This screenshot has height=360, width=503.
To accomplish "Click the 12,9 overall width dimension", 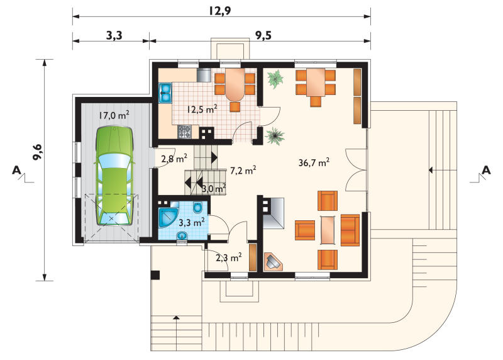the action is tap(219, 11).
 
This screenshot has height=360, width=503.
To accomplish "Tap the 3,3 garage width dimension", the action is tap(114, 35).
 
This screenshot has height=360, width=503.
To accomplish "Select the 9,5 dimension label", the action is tap(263, 35).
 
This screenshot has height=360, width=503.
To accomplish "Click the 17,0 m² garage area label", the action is tap(114, 115).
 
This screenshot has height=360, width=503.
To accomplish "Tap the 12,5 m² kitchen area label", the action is tap(202, 109).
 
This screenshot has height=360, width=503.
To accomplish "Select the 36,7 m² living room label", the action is tap(314, 162).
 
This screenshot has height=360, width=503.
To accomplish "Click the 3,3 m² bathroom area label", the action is tap(192, 222).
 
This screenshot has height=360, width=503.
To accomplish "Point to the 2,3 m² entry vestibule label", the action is tap(229, 257).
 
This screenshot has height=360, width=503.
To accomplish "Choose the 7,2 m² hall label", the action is tap(243, 170).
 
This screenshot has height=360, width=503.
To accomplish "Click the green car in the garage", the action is tap(114, 176).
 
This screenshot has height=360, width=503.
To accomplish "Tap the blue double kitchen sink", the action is tap(166, 93).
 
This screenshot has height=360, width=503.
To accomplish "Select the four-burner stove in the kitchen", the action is tap(185, 132).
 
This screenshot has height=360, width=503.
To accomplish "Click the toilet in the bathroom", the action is tap(197, 208).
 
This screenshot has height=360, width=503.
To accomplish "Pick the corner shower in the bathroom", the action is tap(169, 217).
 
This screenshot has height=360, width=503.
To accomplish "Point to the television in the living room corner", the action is tap(273, 262).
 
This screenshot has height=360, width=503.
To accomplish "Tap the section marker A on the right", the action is tap(486, 170).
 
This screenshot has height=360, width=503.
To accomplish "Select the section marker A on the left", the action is tap(16, 170).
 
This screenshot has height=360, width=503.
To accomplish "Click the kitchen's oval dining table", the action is tap(235, 84).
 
